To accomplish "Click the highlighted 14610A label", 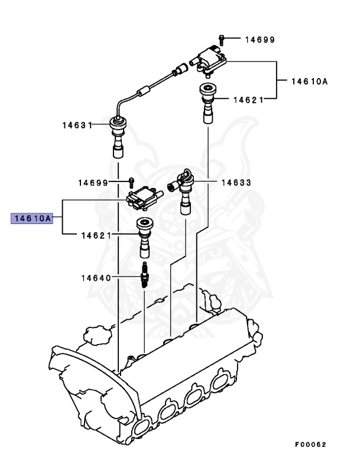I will click(x=31, y=219).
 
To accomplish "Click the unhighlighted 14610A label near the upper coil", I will click(x=309, y=82).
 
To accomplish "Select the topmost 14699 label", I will click(x=260, y=40).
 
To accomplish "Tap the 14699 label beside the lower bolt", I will click(x=93, y=183).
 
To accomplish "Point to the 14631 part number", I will click(x=77, y=125).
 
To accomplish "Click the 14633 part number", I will click(x=236, y=183).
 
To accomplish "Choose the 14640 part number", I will click(x=96, y=277).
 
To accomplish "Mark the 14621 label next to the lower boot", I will click(x=96, y=235).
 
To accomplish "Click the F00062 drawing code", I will click(x=310, y=444).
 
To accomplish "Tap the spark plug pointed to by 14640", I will click(x=144, y=276).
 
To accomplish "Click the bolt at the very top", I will click(x=220, y=39).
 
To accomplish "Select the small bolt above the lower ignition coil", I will click(x=132, y=180).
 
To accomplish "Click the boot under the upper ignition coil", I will click(x=209, y=102).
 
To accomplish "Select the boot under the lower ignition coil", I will click(x=143, y=236).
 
